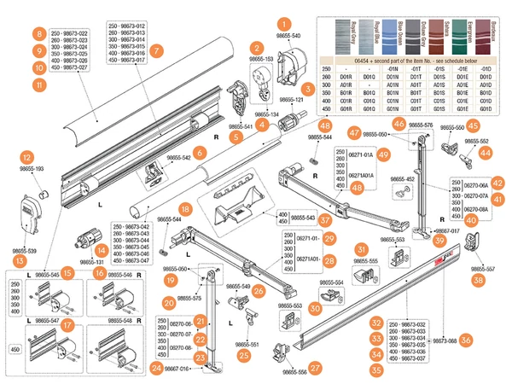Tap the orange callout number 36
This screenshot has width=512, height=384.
click(x=465, y=340)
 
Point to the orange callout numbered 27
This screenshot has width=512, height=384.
click(x=315, y=368)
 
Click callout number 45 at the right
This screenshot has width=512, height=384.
click(x=472, y=125)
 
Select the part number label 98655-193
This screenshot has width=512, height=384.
click(x=29, y=168)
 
